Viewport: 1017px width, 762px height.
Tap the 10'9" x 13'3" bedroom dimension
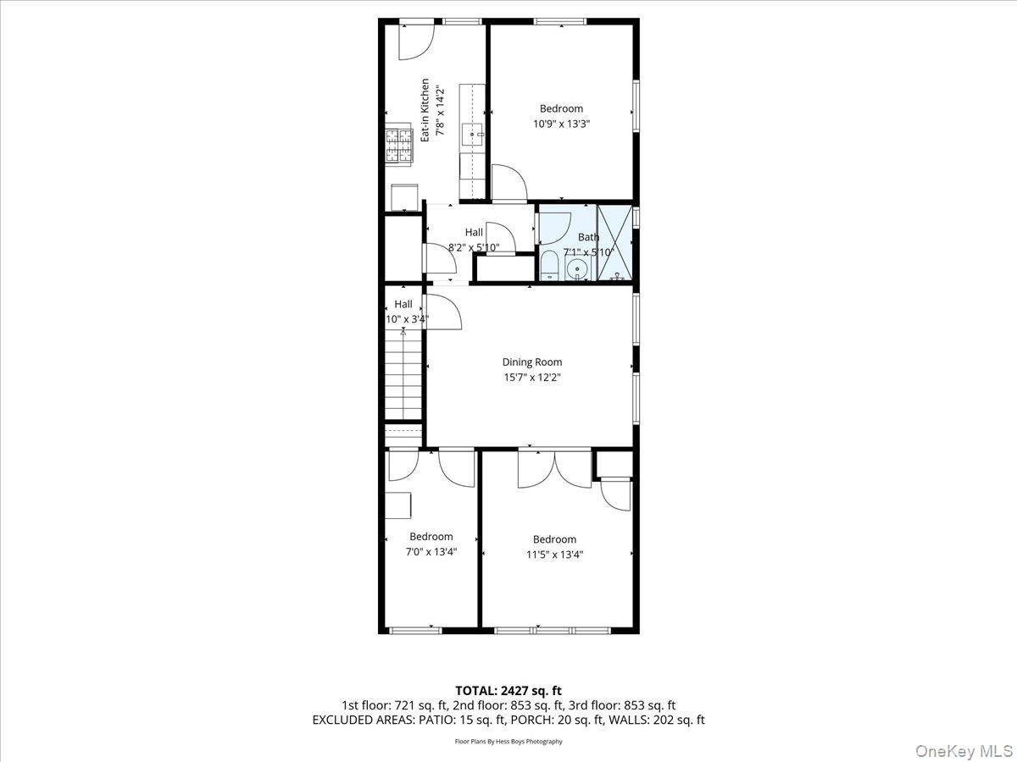coord(561,124)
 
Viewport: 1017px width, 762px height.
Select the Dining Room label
coord(531,362)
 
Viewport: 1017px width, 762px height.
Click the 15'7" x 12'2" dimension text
coord(531,378)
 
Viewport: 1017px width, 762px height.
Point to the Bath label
coord(588,237)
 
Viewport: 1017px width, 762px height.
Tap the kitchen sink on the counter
coord(473,134)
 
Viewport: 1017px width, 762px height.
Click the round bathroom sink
coord(578,270)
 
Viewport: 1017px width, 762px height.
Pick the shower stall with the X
coord(615,243)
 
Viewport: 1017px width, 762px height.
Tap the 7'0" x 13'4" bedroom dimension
coord(431,552)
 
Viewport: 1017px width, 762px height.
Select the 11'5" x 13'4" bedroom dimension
coord(554,555)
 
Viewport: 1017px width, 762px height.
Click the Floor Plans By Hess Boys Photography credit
coord(508,742)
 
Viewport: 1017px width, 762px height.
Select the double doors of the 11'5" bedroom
coord(555,470)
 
